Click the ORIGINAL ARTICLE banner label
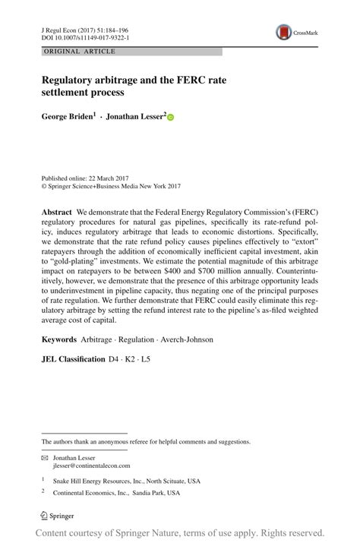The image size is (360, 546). pyautogui.click(x=69, y=52)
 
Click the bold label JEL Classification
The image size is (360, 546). pyautogui.click(x=74, y=358)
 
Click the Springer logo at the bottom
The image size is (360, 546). pyautogui.click(x=61, y=517)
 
